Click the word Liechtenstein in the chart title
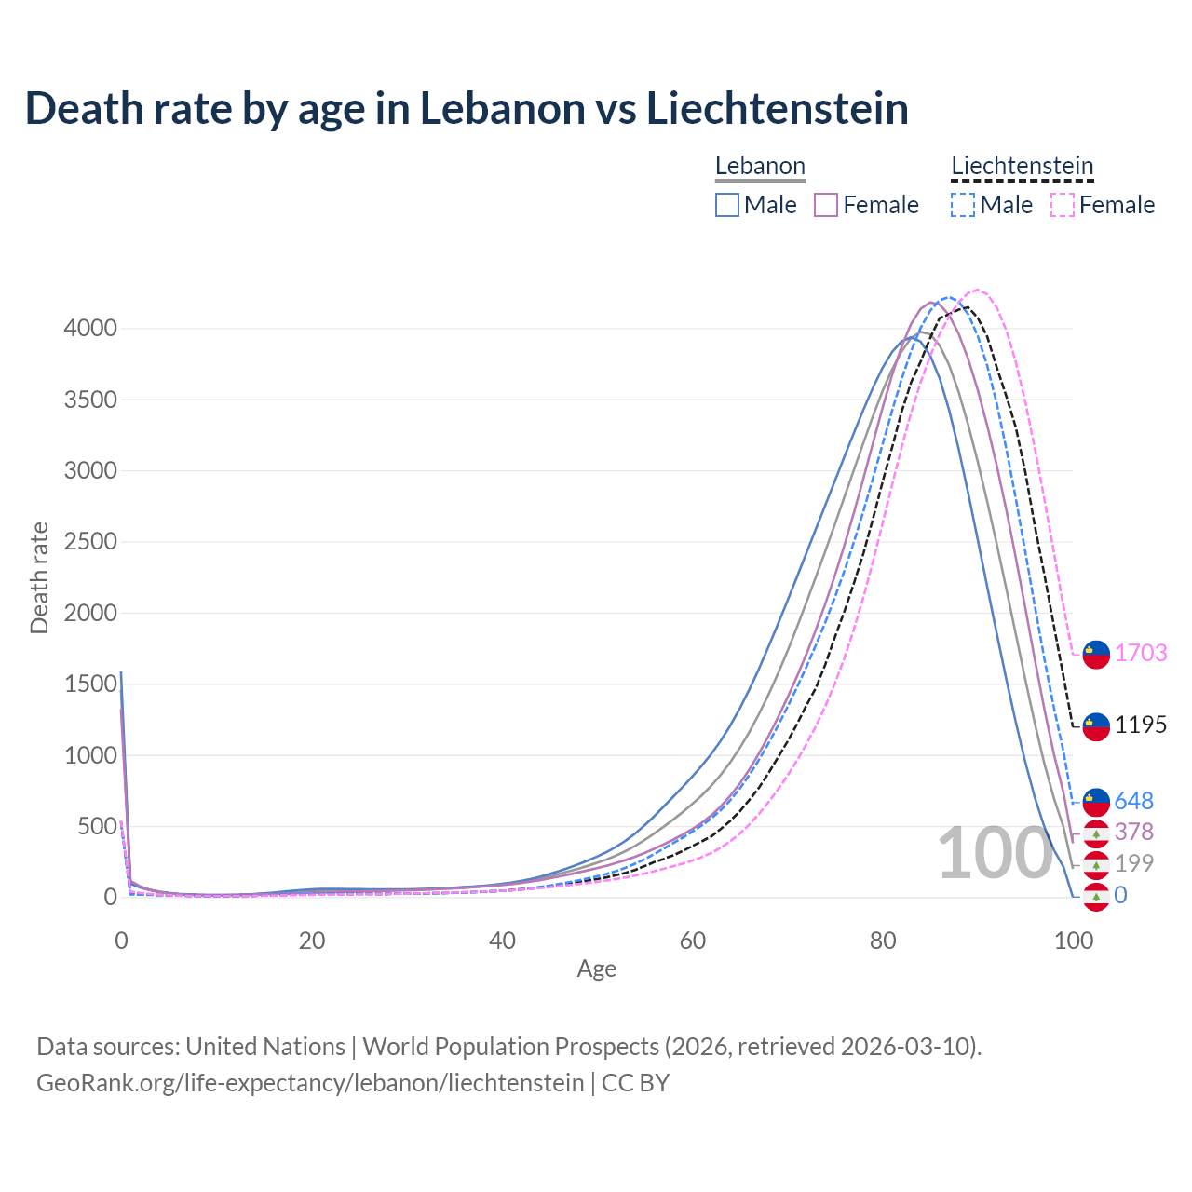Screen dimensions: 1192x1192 point(777,108)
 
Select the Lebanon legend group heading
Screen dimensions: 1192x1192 point(760,167)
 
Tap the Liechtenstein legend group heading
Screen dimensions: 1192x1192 point(1022,167)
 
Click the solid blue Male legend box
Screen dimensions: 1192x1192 point(727,205)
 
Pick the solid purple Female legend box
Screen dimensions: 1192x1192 point(826,205)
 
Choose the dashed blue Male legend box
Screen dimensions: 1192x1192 point(963,205)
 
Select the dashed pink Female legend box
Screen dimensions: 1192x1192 point(1063,205)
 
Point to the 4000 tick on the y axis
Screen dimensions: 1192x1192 point(90,329)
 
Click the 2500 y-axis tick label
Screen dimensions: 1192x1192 point(90,542)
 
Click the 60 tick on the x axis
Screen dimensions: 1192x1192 point(693,941)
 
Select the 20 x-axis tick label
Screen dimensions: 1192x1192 point(312,941)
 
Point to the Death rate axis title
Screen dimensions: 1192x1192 point(39,577)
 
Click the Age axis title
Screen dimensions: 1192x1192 point(597,969)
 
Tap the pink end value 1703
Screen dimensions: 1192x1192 point(1141,653)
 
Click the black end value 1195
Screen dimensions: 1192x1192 point(1141,725)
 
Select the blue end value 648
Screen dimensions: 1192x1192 point(1133,801)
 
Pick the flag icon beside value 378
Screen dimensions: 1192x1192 point(1096,833)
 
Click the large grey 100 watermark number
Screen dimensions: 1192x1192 point(994,854)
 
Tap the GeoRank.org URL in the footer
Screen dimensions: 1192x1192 point(310,1083)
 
